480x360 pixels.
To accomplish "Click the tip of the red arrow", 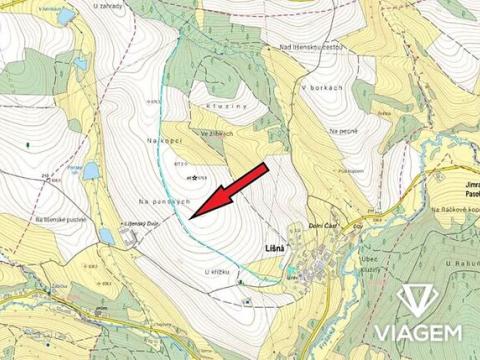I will coord(190,215).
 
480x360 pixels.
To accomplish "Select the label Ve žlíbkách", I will coord(216,133).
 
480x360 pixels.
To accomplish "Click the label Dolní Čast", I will coord(326,226).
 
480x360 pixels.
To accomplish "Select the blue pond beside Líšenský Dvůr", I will coord(105,235).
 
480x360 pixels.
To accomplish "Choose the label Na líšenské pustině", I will coord(62,218).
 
